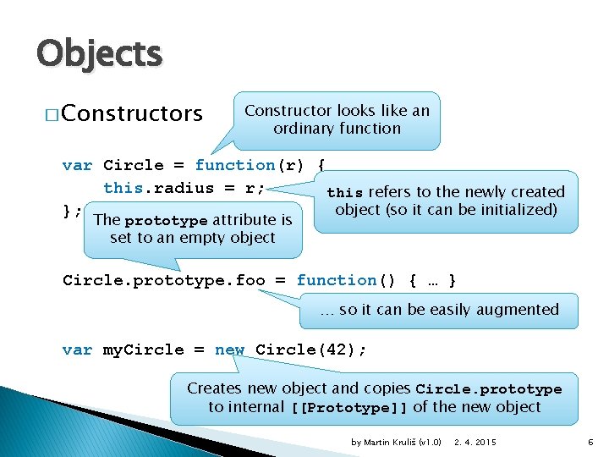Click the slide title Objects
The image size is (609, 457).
pos(99,55)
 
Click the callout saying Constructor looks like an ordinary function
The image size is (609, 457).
pos(337,119)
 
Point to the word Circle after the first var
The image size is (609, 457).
pos(133,165)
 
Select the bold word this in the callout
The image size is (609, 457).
pos(345,193)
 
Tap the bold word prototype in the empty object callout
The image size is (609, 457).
pos(166,221)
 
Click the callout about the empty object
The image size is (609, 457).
pos(192,229)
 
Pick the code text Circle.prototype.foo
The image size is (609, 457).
pos(163,280)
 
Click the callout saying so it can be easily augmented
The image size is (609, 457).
pos(439,310)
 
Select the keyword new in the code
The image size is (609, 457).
pos(229,350)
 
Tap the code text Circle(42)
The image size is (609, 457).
pos(310,350)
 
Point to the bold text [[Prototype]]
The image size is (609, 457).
pos(348,408)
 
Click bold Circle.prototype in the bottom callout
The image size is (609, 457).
pos(489,389)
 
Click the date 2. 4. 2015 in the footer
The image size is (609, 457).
pos(475,441)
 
